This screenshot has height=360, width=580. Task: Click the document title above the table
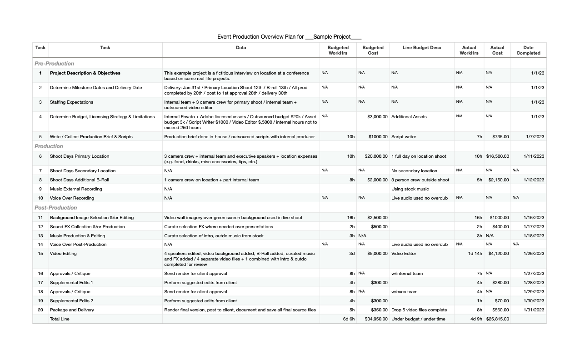click(289, 37)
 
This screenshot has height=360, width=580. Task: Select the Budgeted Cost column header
click(373, 50)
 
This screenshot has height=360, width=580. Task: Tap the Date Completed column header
click(528, 50)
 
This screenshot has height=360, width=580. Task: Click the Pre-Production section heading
click(54, 64)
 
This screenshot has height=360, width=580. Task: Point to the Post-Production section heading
click(56, 208)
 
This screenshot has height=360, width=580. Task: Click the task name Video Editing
click(63, 254)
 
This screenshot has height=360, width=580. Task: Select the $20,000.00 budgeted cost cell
click(376, 156)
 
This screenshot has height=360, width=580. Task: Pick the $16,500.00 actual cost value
click(497, 156)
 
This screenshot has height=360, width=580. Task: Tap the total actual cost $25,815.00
click(497, 319)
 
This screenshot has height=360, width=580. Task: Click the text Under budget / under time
click(418, 319)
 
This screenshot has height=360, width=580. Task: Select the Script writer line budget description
click(404, 137)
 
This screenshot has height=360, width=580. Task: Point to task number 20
click(40, 310)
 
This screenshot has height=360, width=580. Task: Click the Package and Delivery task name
click(72, 310)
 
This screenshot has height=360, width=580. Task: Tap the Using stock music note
click(410, 189)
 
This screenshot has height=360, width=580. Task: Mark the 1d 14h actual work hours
click(475, 254)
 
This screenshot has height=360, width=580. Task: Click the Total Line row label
click(60, 319)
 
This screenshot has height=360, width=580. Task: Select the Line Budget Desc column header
click(422, 47)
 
